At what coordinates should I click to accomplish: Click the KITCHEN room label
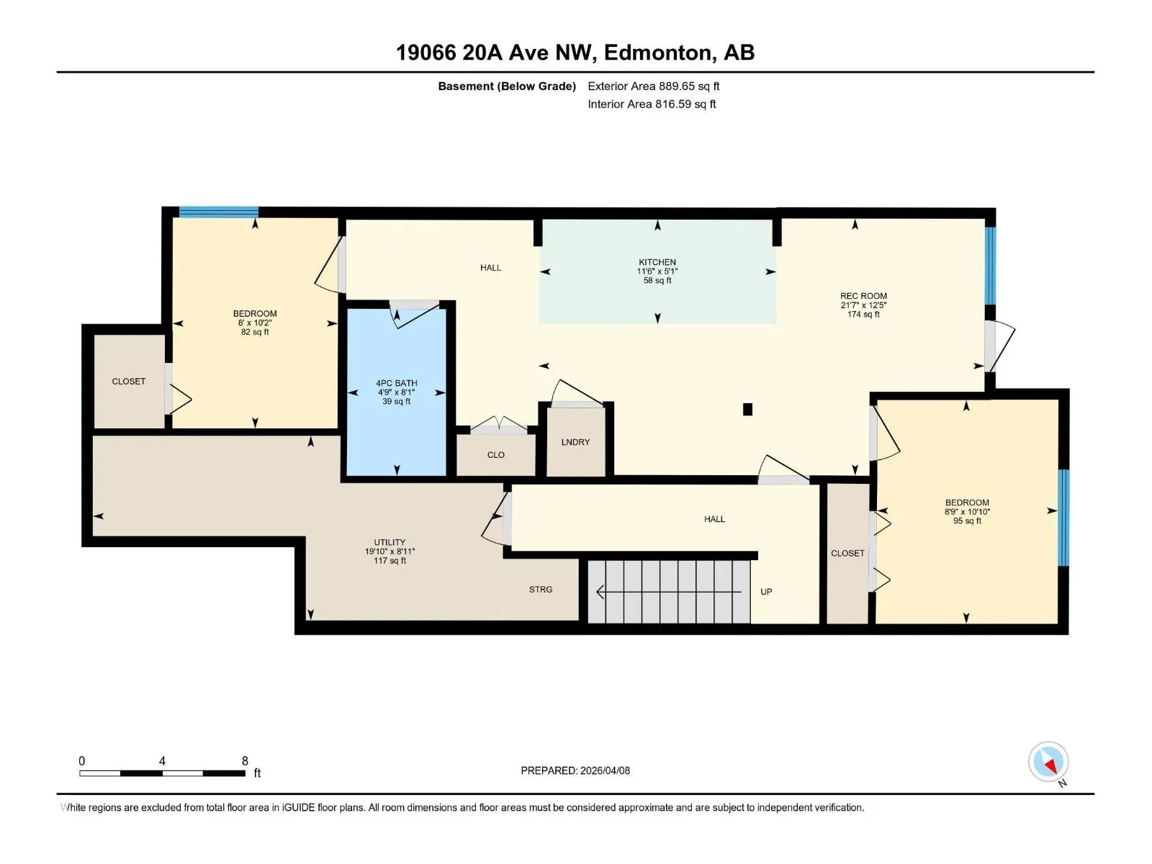(x=657, y=262)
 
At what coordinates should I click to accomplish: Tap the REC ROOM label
(x=863, y=296)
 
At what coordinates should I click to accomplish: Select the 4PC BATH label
(x=396, y=383)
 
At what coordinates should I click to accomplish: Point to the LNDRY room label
(x=575, y=441)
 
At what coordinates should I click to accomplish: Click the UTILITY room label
(x=390, y=542)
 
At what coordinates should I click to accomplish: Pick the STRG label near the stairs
(x=541, y=589)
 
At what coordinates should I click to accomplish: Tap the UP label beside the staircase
(x=766, y=591)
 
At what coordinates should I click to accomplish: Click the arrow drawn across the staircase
(x=669, y=592)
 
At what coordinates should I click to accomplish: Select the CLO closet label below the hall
(x=495, y=455)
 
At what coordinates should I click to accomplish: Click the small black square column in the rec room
(x=747, y=409)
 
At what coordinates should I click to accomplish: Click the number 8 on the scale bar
(x=245, y=760)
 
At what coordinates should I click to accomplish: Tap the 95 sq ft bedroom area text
(x=967, y=521)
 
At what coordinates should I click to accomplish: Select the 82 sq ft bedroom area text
(x=255, y=332)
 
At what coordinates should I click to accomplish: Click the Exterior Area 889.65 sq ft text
(x=654, y=86)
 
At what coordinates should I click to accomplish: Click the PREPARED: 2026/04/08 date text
(x=575, y=770)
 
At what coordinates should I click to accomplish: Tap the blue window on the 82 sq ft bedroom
(x=218, y=212)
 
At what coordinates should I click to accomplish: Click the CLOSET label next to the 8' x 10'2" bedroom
(x=129, y=382)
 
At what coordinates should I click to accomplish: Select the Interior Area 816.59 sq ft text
(x=652, y=104)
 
